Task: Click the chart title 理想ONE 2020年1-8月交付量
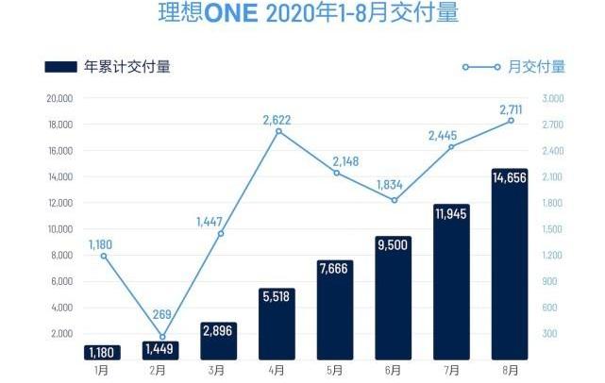pos(302,16)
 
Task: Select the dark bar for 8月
pos(510,274)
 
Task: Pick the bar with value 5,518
pos(277,325)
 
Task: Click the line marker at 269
pos(162,337)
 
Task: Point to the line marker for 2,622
pos(278,131)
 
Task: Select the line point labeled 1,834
pos(395,200)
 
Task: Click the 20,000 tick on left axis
pos(59,98)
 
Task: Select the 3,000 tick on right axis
pos(553,98)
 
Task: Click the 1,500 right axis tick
pos(553,229)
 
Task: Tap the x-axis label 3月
pos(219,370)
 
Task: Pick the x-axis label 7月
pos(451,370)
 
